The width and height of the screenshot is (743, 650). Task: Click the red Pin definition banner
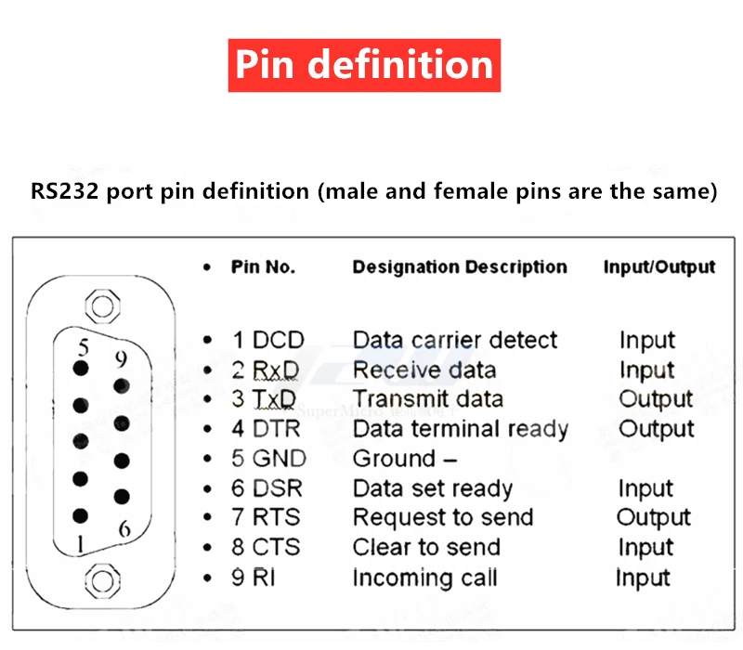point(364,65)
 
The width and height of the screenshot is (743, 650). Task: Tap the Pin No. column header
point(263,267)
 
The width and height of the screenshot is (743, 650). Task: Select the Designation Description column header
point(459,267)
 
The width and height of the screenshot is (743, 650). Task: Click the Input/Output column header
point(658,267)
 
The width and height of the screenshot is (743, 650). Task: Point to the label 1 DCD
point(267,341)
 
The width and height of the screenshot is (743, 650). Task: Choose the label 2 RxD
point(266,370)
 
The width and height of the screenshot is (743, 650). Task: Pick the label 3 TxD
point(264,399)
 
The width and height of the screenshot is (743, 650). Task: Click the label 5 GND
point(268,459)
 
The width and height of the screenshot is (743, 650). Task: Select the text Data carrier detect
point(455,341)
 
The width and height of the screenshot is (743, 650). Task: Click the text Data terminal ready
point(460,429)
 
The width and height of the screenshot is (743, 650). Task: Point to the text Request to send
point(443,518)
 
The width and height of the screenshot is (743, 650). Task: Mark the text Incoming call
point(424,578)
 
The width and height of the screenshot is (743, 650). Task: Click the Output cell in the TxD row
point(656,399)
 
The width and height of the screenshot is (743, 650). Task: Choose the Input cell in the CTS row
point(645,548)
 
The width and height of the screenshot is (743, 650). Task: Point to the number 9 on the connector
point(119,358)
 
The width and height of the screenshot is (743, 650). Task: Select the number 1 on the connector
point(83,543)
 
